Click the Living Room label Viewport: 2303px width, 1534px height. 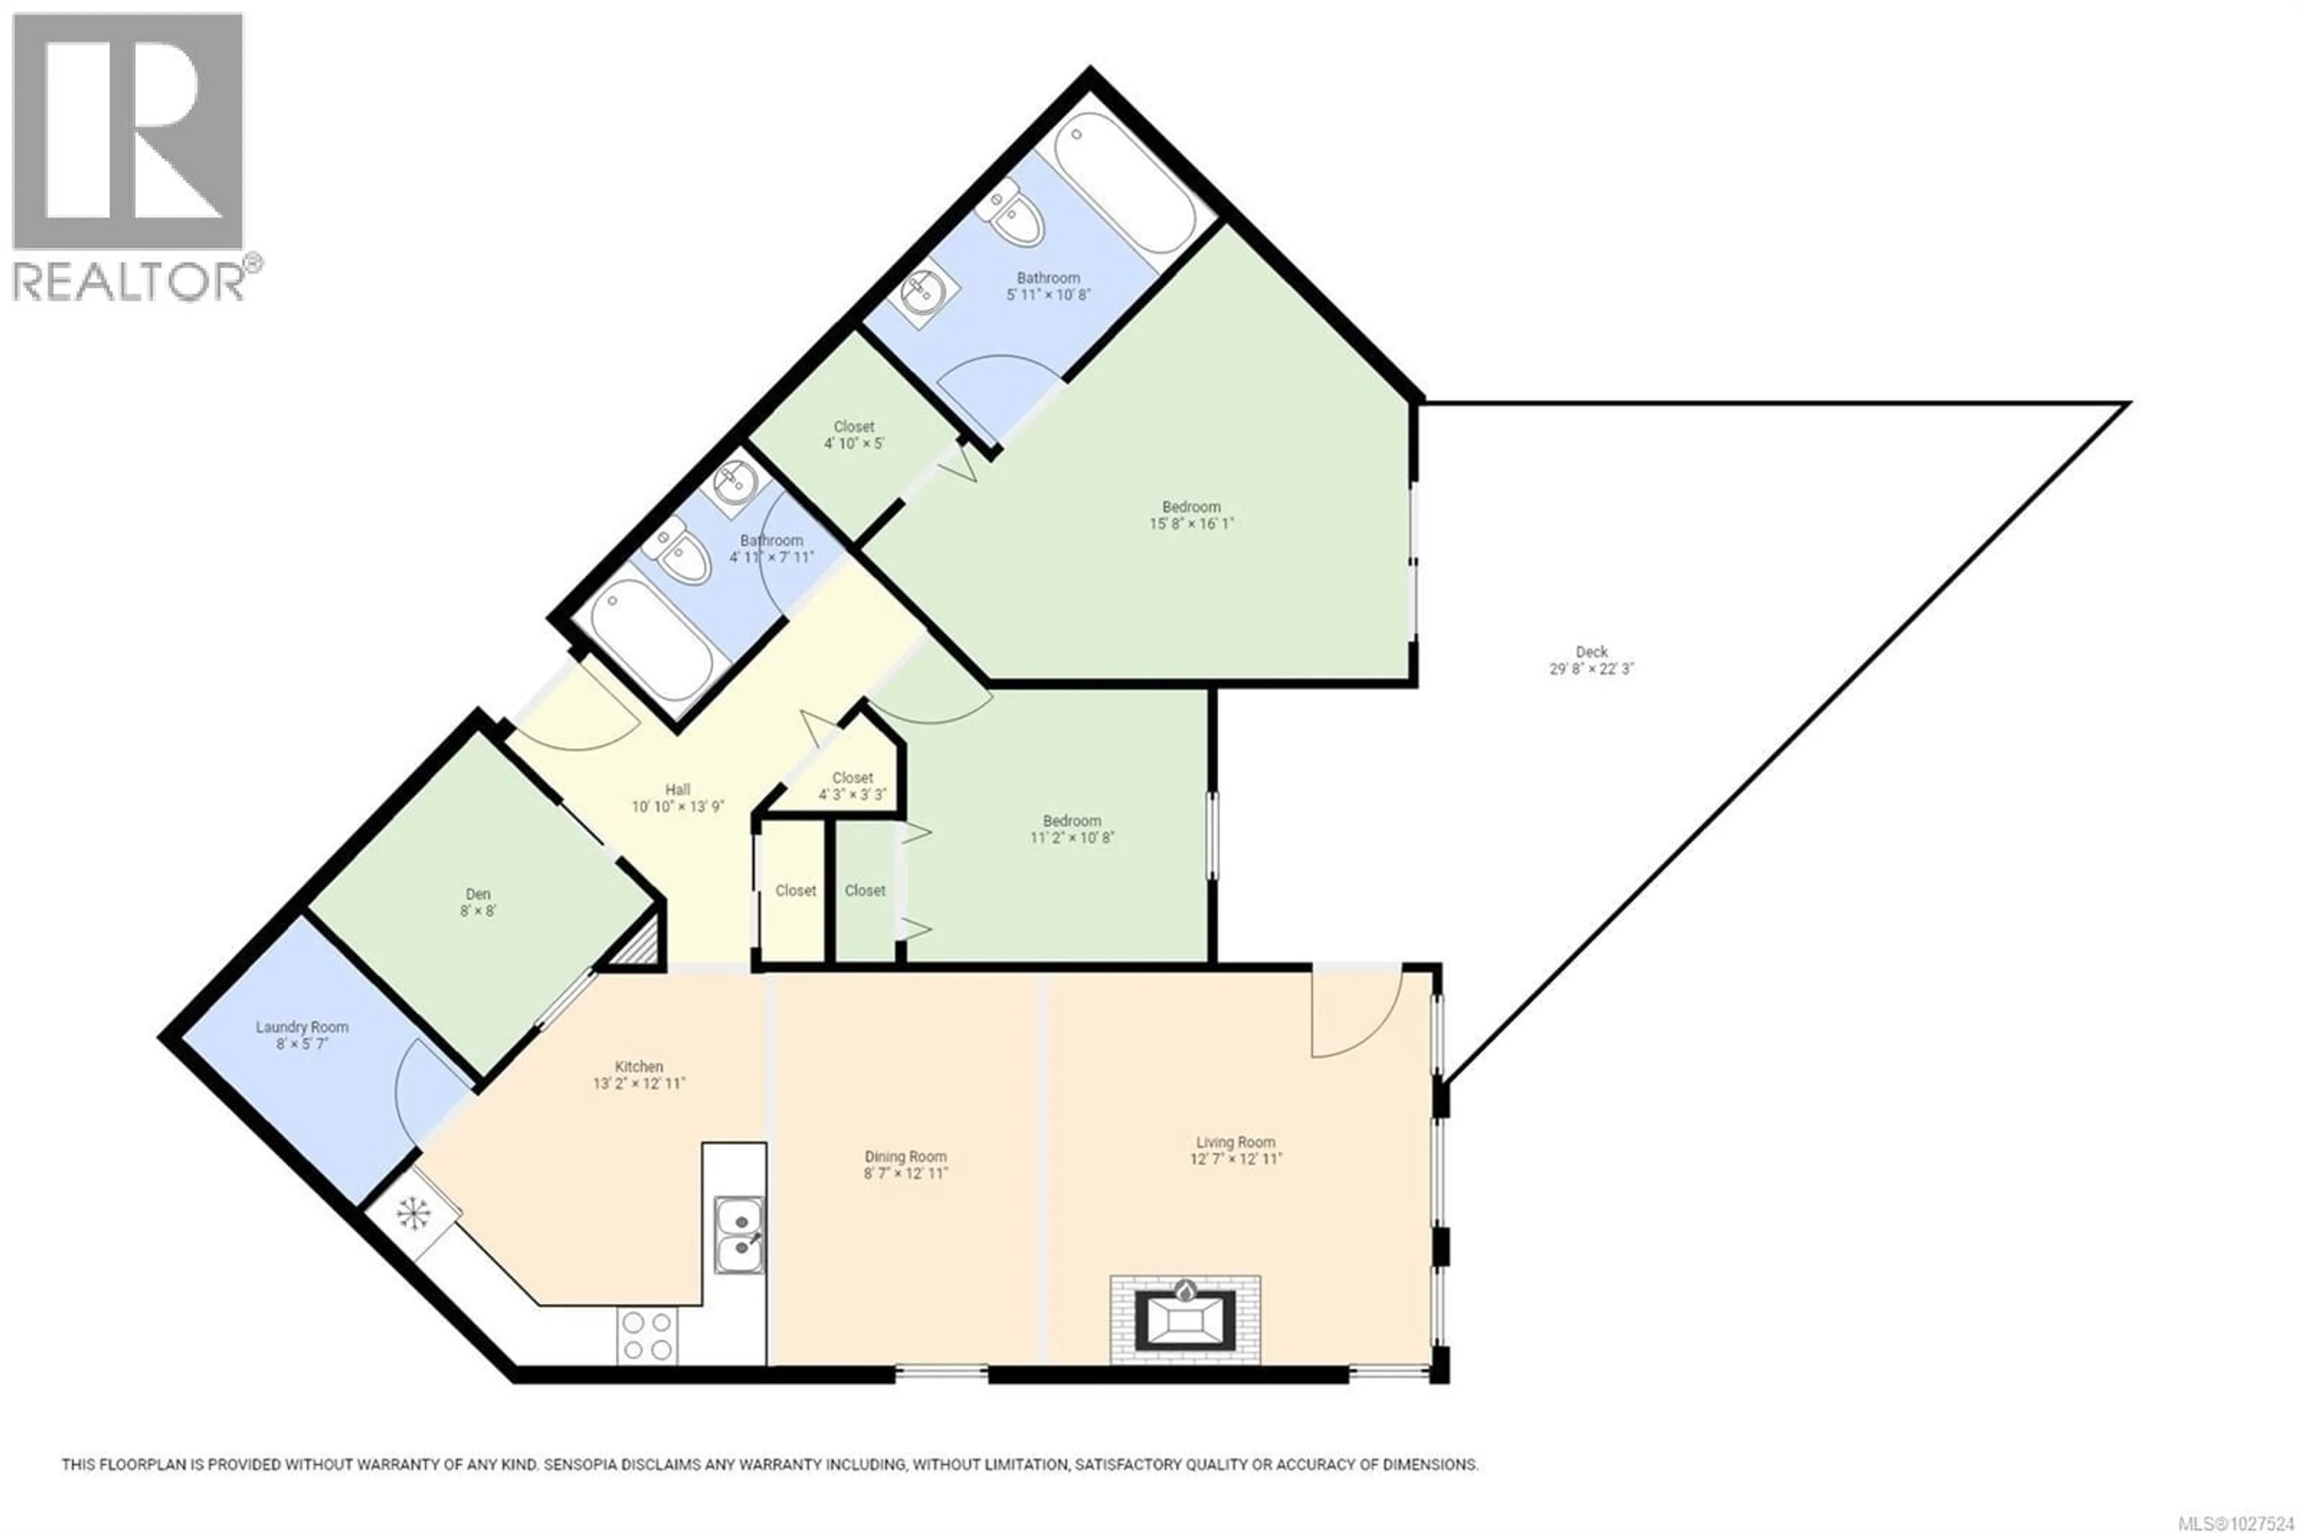pyautogui.click(x=1235, y=1142)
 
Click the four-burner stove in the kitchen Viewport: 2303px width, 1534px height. pyautogui.click(x=647, y=1336)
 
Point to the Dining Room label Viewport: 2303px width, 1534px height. pyautogui.click(x=905, y=1156)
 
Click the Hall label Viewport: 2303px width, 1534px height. pyautogui.click(x=677, y=790)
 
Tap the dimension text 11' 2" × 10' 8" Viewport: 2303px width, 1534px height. pyautogui.click(x=1071, y=837)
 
